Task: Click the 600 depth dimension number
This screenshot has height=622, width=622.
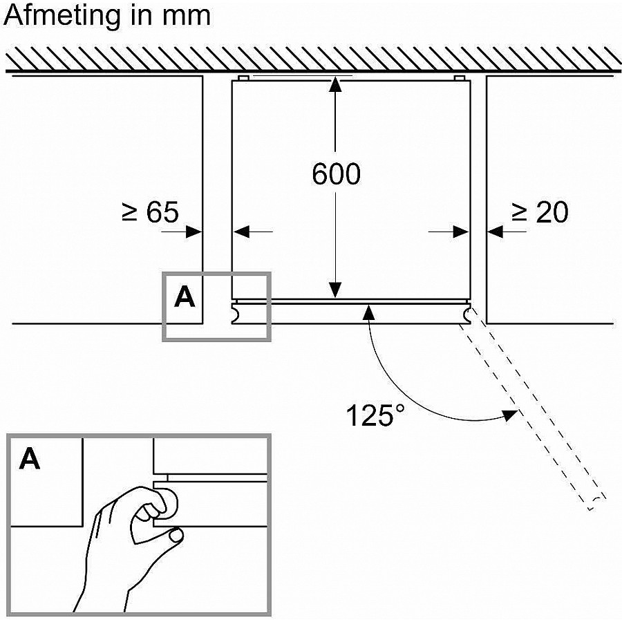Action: pos(336,174)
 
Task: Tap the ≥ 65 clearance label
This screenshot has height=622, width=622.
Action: pos(150,212)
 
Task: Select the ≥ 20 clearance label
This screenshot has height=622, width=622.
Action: pos(540,212)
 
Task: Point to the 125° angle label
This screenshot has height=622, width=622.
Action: pos(376,416)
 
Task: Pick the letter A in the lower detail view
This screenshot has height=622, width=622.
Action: pos(30,459)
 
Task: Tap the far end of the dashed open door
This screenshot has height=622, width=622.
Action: pos(596,502)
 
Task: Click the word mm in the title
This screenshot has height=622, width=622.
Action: pos(189,15)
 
